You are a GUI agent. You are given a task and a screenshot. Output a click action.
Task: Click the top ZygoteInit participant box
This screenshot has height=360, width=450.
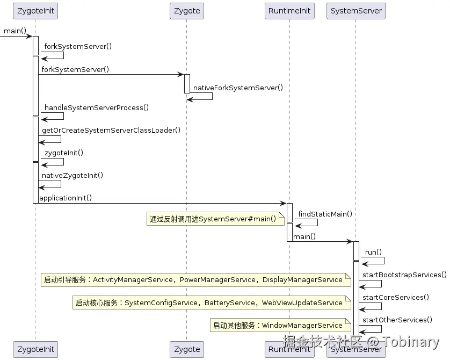pyautogui.click(x=35, y=11)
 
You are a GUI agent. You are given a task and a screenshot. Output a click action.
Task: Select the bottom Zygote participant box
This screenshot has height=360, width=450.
pyautogui.click(x=187, y=349)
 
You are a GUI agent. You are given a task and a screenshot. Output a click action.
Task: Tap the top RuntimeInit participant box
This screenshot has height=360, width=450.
pyautogui.click(x=289, y=11)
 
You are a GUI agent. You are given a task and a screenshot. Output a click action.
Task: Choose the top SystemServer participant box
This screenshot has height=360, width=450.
pyautogui.click(x=356, y=11)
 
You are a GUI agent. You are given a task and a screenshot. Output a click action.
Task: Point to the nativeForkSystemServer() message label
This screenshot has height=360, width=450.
pyautogui.click(x=238, y=88)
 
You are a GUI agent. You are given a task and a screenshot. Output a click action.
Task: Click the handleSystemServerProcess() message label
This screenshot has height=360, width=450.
pyautogui.click(x=97, y=107)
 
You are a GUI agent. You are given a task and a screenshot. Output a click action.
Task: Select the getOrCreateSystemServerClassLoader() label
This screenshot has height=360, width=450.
pyautogui.click(x=111, y=130)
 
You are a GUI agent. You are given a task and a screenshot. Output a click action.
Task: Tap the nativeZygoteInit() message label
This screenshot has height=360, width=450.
pyautogui.click(x=72, y=175)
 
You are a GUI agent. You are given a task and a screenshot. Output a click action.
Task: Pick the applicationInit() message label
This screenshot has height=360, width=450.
pyautogui.click(x=66, y=198)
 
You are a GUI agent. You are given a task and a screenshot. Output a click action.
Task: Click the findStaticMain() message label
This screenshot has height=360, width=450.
pyautogui.click(x=325, y=214)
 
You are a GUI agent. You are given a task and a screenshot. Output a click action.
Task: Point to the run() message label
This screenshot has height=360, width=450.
pyautogui.click(x=373, y=252)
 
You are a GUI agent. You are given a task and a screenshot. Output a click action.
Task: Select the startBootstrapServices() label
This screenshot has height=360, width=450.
pyautogui.click(x=404, y=275)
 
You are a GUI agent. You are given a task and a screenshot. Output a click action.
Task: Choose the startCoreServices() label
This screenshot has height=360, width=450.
pyautogui.click(x=396, y=297)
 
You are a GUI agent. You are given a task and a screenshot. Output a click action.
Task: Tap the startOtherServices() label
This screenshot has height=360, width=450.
pyautogui.click(x=397, y=320)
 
